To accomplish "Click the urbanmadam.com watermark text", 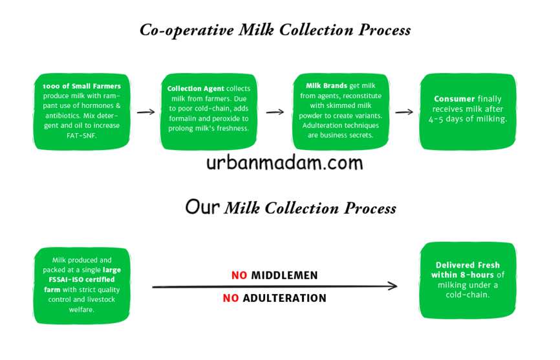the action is (x=285, y=164).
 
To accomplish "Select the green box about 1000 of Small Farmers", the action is (x=81, y=112).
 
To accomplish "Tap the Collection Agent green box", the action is (x=209, y=112).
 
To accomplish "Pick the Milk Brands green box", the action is (x=341, y=112).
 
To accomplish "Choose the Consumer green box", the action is (x=468, y=112).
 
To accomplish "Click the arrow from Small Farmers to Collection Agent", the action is (x=145, y=112).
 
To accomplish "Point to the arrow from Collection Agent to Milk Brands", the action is (x=275, y=112).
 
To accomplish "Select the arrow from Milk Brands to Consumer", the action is (x=404, y=112).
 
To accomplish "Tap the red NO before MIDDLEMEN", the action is (x=239, y=275).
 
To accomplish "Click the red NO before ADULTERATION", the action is (x=231, y=298).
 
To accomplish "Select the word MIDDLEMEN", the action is (x=285, y=275).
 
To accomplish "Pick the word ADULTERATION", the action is (x=285, y=298).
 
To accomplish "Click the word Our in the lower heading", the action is (x=202, y=207).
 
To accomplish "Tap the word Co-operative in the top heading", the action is (x=186, y=30).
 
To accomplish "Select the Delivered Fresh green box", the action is (x=468, y=281).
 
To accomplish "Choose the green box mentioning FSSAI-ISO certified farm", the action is (x=81, y=286).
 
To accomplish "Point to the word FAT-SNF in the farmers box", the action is (x=81, y=136).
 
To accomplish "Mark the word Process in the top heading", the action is (x=384, y=30).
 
